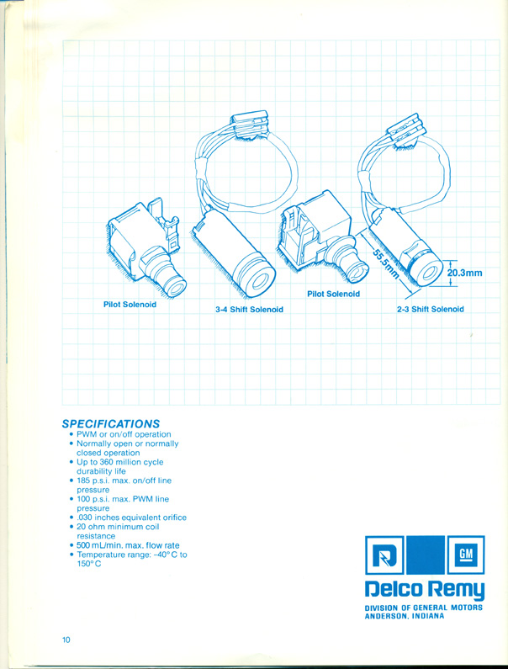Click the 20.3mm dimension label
464,273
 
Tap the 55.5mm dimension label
385,264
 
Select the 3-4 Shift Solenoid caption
249,310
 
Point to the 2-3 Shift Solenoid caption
430,309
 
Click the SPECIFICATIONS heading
111,424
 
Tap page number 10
66,640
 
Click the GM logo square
466,555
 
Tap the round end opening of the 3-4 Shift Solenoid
258,280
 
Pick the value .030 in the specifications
84,518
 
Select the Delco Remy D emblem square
384,555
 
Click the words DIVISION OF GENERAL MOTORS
424,608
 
